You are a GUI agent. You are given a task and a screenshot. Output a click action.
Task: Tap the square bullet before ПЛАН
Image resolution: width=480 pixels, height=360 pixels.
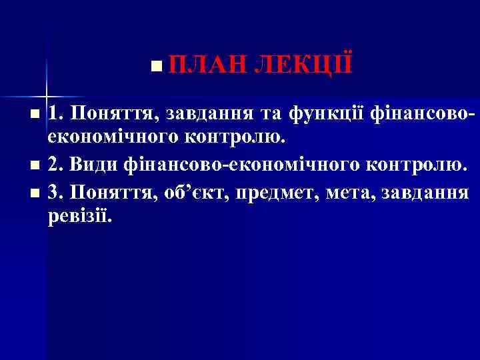155,67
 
